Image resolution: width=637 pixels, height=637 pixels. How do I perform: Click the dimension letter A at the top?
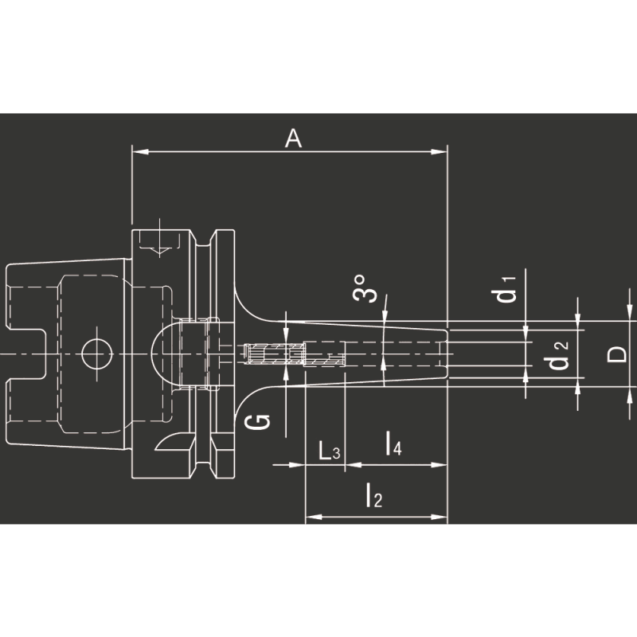click(x=294, y=139)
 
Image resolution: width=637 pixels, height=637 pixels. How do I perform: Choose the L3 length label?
click(x=329, y=452)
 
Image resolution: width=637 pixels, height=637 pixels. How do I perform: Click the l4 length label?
click(x=393, y=445)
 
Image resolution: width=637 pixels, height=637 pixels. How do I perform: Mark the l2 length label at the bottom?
click(x=373, y=498)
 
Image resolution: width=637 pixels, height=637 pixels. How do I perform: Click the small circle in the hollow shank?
click(x=93, y=350)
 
